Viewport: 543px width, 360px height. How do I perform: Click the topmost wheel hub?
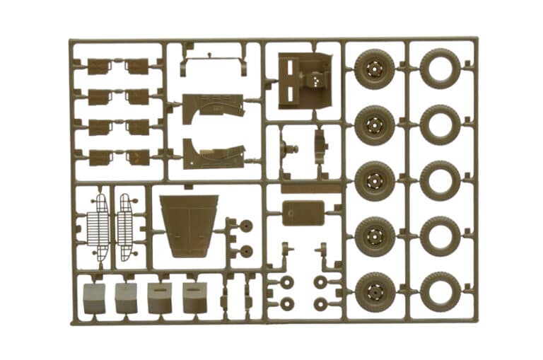(375, 69)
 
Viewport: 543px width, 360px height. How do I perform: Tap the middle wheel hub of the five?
(375, 181)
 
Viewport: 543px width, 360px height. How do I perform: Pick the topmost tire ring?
(440, 69)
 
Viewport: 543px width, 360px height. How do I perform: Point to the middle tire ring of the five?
(440, 180)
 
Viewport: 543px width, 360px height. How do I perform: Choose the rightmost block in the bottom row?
(194, 297)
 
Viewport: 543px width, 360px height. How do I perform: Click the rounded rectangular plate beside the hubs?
(303, 212)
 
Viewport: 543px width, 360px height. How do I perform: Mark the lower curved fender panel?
(212, 153)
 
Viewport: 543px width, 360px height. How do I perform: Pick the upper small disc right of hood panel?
(246, 226)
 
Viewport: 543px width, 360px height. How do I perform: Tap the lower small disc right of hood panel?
(246, 250)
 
